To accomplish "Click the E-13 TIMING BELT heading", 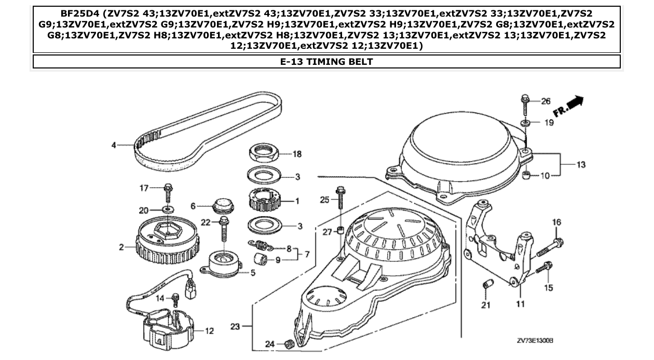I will pyautogui.click(x=326, y=62).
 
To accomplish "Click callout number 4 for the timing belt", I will pyautogui.click(x=114, y=146).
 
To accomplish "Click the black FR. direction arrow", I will pyautogui.click(x=575, y=103).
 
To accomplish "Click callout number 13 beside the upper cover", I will pyautogui.click(x=581, y=165).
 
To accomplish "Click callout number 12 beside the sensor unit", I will pyautogui.click(x=209, y=331).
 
